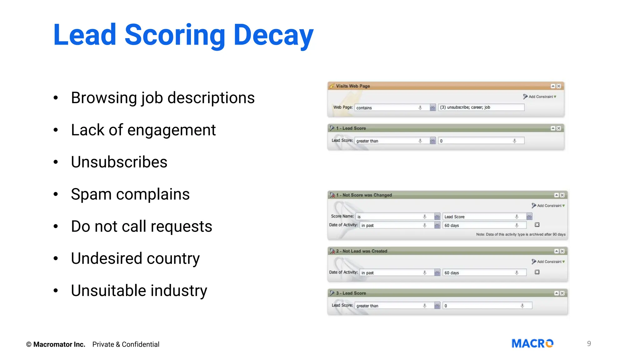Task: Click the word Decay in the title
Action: [x=273, y=35]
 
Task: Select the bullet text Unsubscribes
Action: [x=119, y=162]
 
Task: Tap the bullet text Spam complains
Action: [x=130, y=194]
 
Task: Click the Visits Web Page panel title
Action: [x=353, y=86]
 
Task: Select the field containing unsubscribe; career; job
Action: [x=481, y=107]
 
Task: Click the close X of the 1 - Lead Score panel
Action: [x=559, y=128]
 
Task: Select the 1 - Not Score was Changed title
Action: [x=364, y=195]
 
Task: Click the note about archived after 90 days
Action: [x=521, y=234]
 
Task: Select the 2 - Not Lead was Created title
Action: [x=362, y=251]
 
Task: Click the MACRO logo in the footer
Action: [x=532, y=343]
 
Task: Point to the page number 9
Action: [x=589, y=344]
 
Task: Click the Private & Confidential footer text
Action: [x=126, y=344]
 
